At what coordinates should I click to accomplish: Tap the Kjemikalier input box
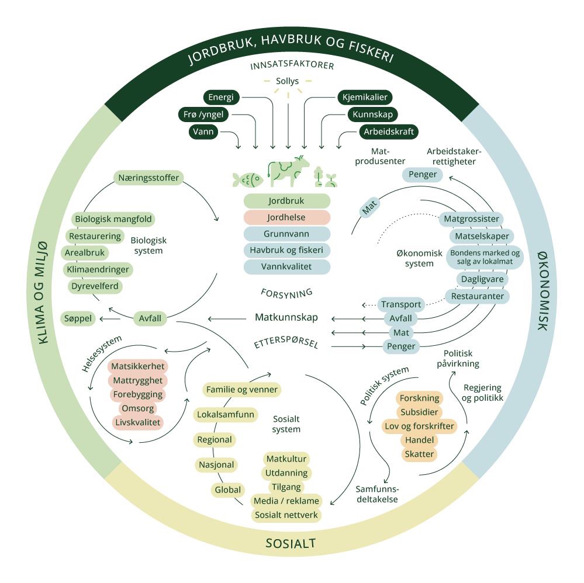click(x=365, y=97)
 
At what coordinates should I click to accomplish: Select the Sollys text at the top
click(x=287, y=81)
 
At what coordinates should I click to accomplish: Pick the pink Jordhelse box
click(x=286, y=217)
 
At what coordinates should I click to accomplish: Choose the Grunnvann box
click(x=286, y=234)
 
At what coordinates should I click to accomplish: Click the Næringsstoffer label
click(x=148, y=178)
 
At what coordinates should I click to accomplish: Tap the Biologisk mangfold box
click(x=113, y=220)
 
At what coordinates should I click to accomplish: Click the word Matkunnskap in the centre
click(x=286, y=318)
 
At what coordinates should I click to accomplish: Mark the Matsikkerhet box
click(x=137, y=367)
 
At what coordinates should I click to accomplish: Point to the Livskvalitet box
click(x=137, y=422)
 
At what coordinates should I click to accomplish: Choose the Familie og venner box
click(x=241, y=390)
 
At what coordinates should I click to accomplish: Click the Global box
click(x=227, y=490)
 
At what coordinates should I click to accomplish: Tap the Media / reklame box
click(x=286, y=501)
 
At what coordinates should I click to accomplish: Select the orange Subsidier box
click(x=419, y=412)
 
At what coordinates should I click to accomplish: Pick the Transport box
click(x=401, y=304)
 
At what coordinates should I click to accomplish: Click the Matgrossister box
click(x=471, y=220)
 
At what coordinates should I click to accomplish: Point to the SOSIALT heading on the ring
click(x=291, y=544)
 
